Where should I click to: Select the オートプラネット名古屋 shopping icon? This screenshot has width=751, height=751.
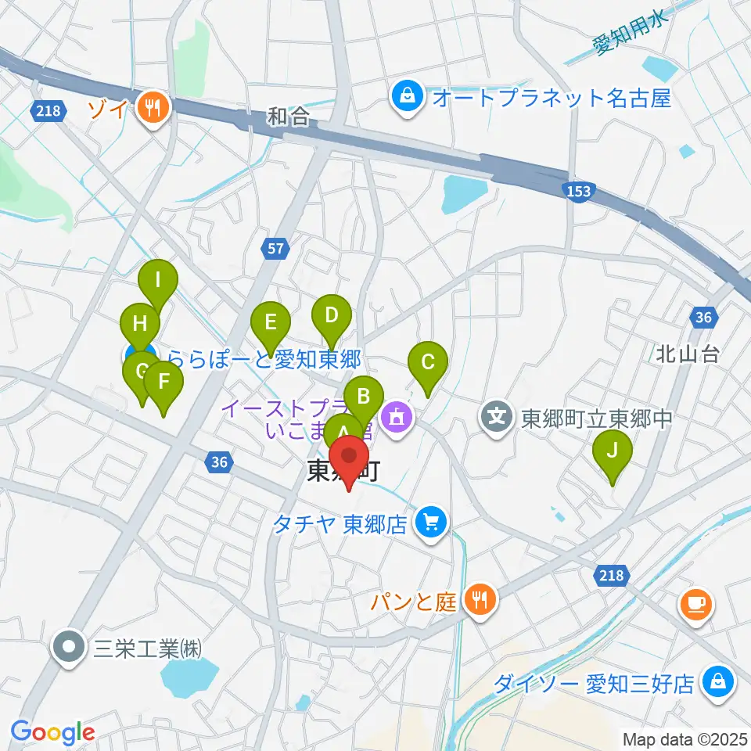click(408, 98)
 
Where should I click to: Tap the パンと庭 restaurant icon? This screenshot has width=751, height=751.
click(479, 600)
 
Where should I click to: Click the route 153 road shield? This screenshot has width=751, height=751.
click(580, 192)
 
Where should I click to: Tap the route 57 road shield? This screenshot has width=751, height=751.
click(275, 249)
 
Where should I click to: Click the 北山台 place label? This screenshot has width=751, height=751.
click(687, 354)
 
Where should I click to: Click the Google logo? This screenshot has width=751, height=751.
click(52, 732)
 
